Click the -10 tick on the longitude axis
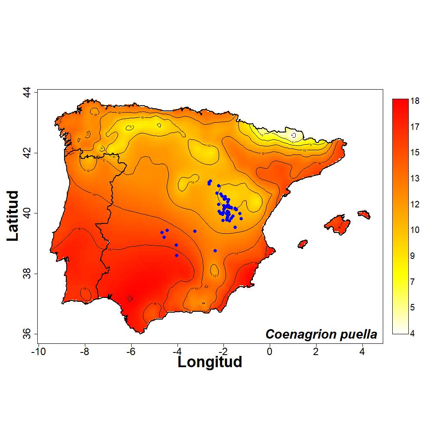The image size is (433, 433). coord(39,351)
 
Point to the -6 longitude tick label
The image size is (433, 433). coord(131,351)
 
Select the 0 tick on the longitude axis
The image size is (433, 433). coord(269,351)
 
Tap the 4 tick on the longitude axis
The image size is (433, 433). coord(362,351)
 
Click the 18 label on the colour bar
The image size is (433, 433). coord(415,101)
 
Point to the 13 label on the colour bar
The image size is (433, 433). coord(415,178)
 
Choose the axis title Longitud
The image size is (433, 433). coord(210,362)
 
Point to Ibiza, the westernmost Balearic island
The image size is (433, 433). coord(303,244)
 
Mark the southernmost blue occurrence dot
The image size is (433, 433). coord(177,255)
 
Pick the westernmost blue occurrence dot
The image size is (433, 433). coord(162,233)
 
